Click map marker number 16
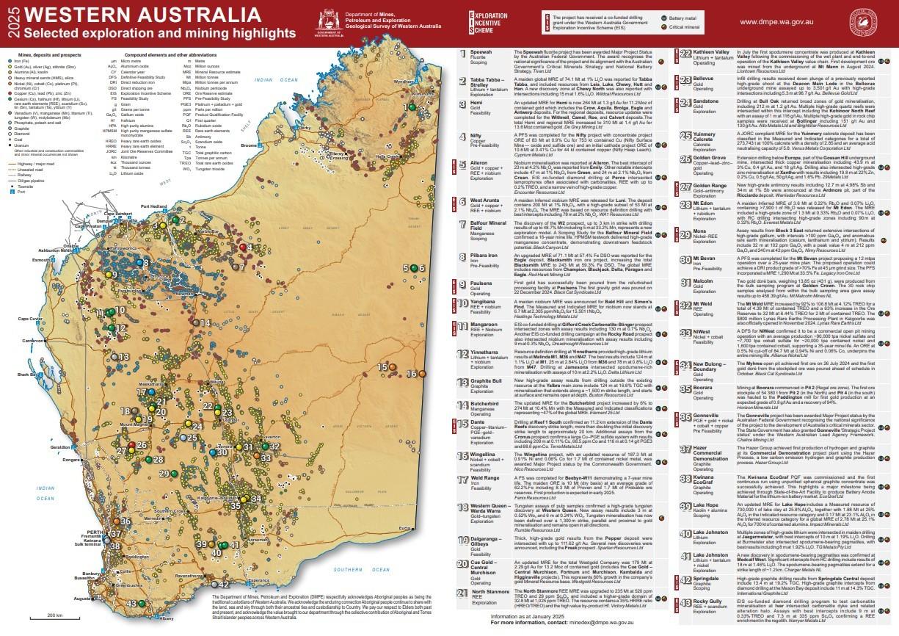[x=412, y=374]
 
